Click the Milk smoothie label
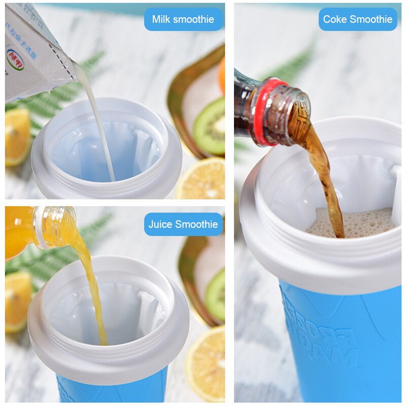[183, 19]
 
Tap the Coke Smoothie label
[358, 19]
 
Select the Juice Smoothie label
[183, 224]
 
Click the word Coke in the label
[334, 19]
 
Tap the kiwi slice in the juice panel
[216, 294]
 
